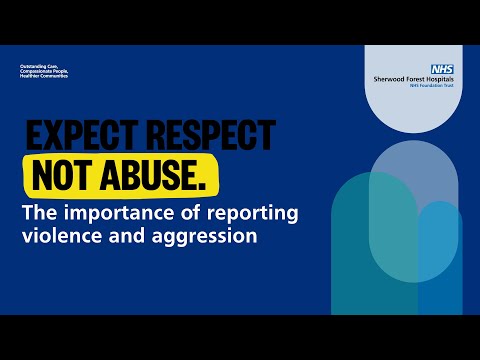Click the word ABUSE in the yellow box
pyautogui.click(x=148, y=176)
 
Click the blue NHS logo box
pyautogui.click(x=441, y=69)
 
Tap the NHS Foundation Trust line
pyautogui.click(x=431, y=91)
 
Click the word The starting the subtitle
pyautogui.click(x=40, y=215)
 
